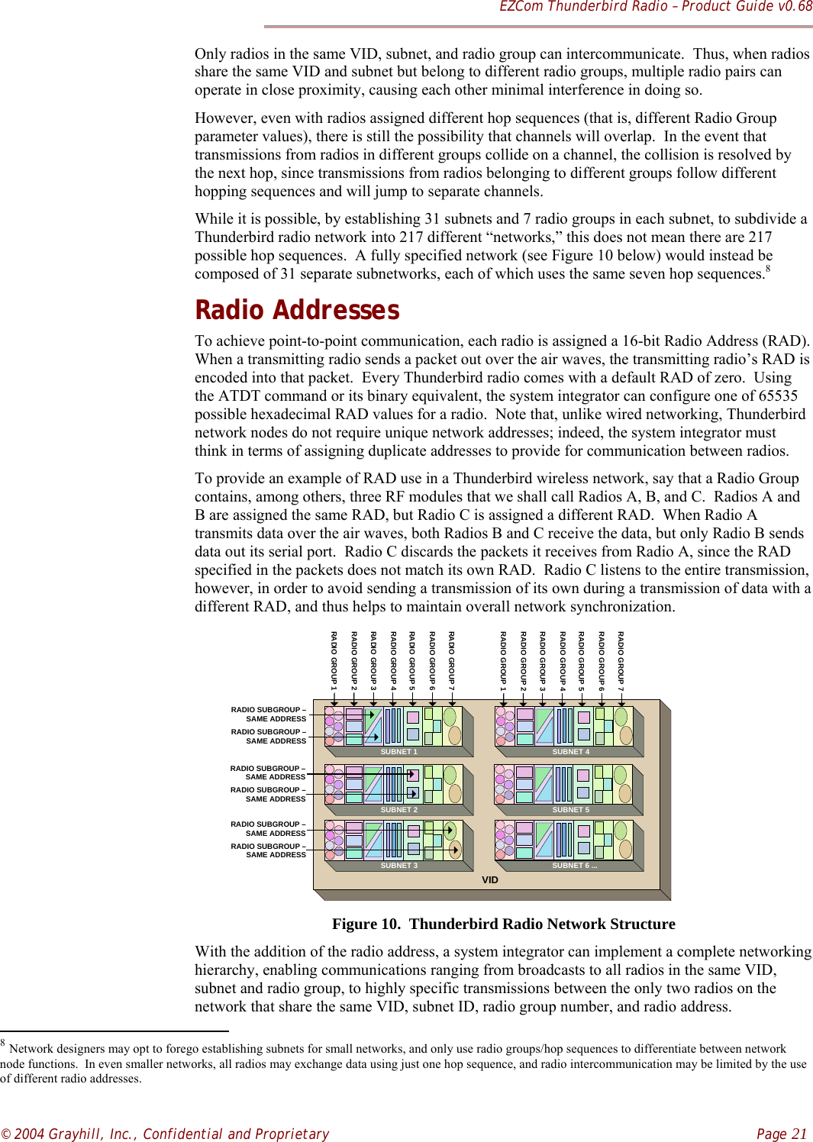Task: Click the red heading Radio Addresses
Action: pyautogui.click(x=297, y=310)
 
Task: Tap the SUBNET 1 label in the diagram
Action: pyautogui.click(x=398, y=752)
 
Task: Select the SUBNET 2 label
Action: pyautogui.click(x=398, y=810)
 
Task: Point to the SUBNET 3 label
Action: pyautogui.click(x=398, y=866)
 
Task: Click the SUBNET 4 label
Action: pyautogui.click(x=570, y=752)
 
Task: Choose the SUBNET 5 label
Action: pyautogui.click(x=570, y=810)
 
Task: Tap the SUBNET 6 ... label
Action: pyautogui.click(x=574, y=866)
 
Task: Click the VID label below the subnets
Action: pyautogui.click(x=490, y=880)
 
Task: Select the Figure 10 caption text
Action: pyautogui.click(x=503, y=924)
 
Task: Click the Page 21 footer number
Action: pyautogui.click(x=782, y=1134)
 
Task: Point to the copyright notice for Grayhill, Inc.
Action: pyautogui.click(x=165, y=1134)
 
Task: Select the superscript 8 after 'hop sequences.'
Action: pyautogui.click(x=768, y=269)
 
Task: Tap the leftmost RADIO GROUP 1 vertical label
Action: pyautogui.click(x=334, y=660)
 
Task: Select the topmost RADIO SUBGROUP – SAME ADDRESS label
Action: pyautogui.click(x=268, y=714)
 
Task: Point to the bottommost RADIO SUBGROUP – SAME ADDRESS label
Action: pyautogui.click(x=268, y=850)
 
